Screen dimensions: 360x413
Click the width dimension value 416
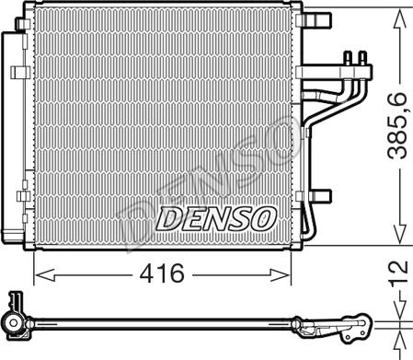click(164, 274)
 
